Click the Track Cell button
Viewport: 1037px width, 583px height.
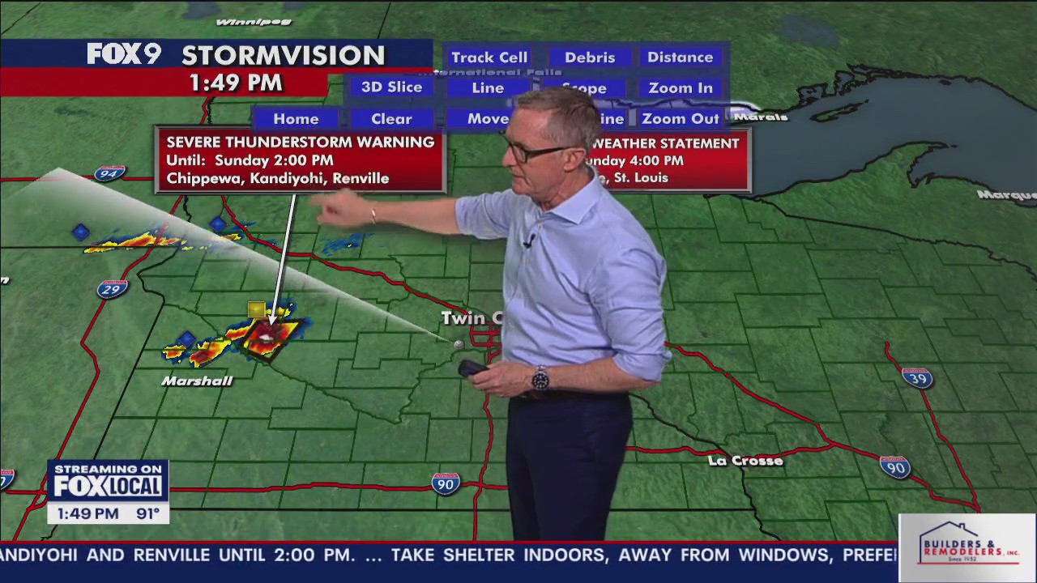(x=489, y=57)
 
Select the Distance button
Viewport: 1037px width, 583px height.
(x=680, y=57)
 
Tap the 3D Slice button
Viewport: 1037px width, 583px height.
(x=391, y=87)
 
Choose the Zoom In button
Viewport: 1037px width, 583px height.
(x=681, y=88)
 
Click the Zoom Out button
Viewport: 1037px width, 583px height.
(x=681, y=119)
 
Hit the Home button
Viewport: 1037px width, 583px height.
(x=296, y=119)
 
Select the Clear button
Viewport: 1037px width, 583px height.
(x=391, y=119)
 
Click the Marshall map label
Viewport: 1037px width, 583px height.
(x=197, y=381)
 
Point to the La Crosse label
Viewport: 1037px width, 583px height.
(x=745, y=461)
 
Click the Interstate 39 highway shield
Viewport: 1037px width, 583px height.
(x=917, y=378)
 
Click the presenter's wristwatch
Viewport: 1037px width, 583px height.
(x=540, y=378)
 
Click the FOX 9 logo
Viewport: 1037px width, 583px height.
(x=124, y=54)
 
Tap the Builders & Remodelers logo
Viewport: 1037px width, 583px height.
(x=967, y=548)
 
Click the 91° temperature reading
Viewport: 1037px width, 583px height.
(x=147, y=513)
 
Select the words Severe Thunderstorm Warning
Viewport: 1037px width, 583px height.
(x=300, y=143)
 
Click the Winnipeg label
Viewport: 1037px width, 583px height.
(x=253, y=22)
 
